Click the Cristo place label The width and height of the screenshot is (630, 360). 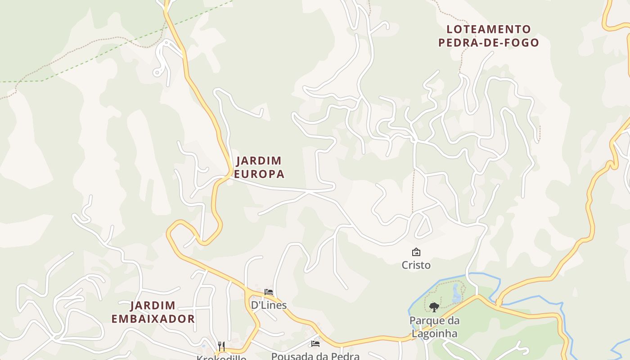pyautogui.click(x=416, y=265)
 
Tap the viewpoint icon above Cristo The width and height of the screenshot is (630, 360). pyautogui.click(x=416, y=252)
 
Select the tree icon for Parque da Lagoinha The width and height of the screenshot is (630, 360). pyautogui.click(x=434, y=307)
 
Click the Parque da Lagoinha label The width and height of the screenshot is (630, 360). pyautogui.click(x=434, y=327)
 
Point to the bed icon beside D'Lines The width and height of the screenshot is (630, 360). pyautogui.click(x=269, y=292)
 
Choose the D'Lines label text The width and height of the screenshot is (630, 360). pyautogui.click(x=269, y=305)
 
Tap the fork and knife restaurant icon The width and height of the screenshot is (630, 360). pyautogui.click(x=221, y=346)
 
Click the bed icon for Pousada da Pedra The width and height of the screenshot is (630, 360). pyautogui.click(x=315, y=344)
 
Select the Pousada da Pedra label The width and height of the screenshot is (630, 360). pyautogui.click(x=315, y=356)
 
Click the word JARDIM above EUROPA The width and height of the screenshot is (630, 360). pyautogui.click(x=259, y=161)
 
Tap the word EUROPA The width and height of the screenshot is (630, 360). pyautogui.click(x=259, y=174)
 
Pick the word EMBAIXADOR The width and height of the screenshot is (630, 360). pyautogui.click(x=153, y=319)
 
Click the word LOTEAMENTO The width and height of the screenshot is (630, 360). pyautogui.click(x=489, y=30)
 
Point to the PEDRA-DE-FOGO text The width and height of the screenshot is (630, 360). pyautogui.click(x=489, y=43)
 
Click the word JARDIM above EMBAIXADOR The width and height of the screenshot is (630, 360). pyautogui.click(x=153, y=306)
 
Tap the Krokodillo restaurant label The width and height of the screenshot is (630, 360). pyautogui.click(x=221, y=358)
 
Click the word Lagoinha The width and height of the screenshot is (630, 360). pyautogui.click(x=434, y=333)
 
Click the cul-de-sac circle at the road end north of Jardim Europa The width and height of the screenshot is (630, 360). pyautogui.click(x=157, y=72)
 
